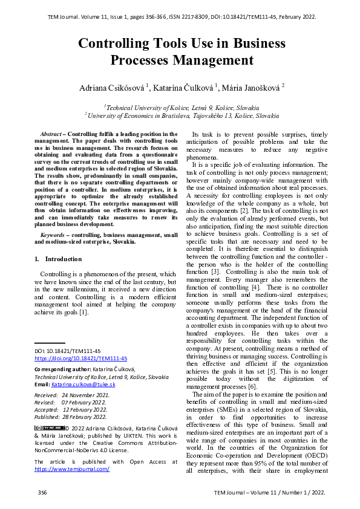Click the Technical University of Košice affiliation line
[x=182, y=107]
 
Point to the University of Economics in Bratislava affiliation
[x=182, y=115]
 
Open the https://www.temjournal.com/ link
[x=72, y=468]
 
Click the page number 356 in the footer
[x=42, y=493]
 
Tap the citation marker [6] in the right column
[x=252, y=386]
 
